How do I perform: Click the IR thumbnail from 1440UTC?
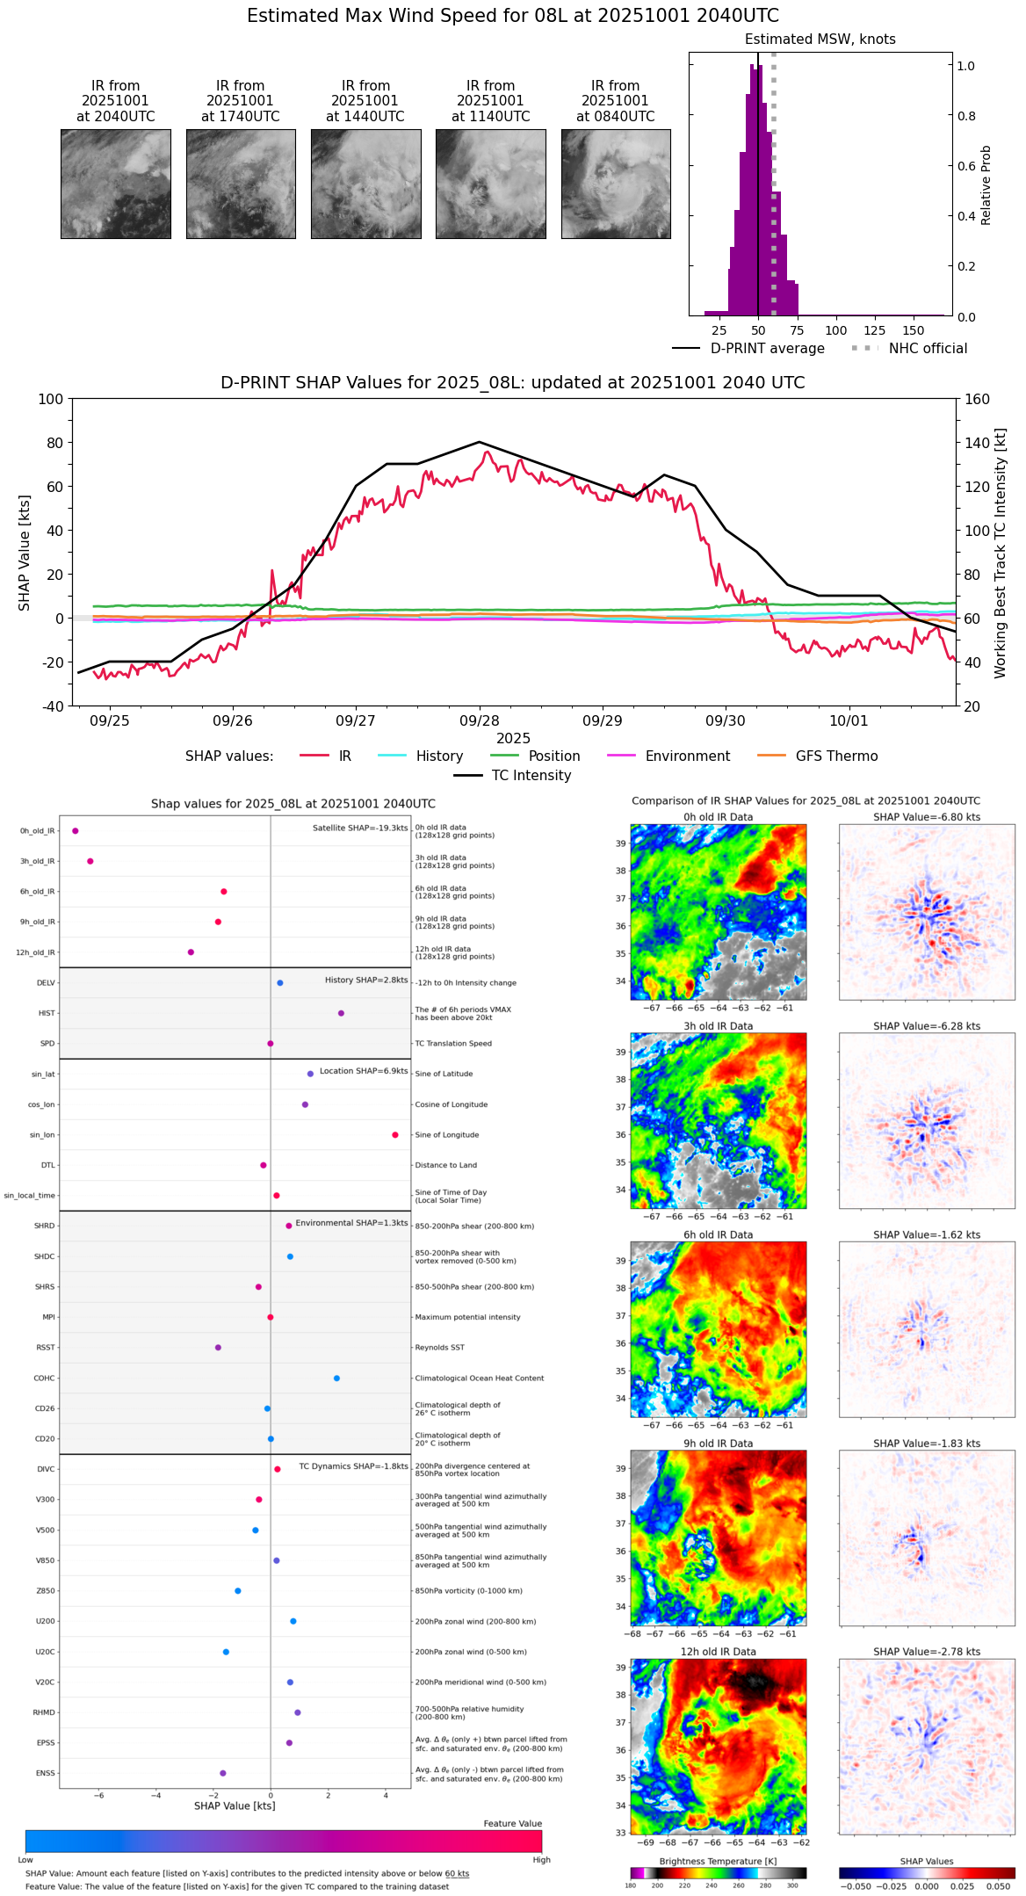[365, 184]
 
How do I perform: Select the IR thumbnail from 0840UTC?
[616, 184]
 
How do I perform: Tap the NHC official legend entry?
[928, 349]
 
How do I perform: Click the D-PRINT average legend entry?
[767, 349]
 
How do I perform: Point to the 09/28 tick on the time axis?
[479, 720]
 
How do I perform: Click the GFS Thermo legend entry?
[836, 756]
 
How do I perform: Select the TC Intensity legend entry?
[531, 776]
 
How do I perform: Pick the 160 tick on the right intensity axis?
[977, 400]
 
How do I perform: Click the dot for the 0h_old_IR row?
[76, 831]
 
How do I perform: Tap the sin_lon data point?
[395, 1135]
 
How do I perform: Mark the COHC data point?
[336, 1379]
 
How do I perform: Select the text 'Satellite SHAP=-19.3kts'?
[360, 829]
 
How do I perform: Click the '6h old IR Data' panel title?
[718, 1235]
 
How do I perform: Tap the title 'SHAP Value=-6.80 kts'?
[927, 818]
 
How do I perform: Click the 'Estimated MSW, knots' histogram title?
[820, 40]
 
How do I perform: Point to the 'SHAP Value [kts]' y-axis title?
[25, 553]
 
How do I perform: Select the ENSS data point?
[222, 1773]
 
